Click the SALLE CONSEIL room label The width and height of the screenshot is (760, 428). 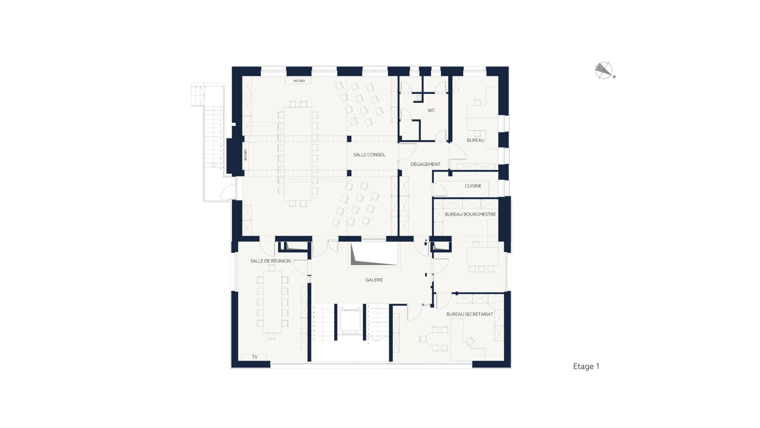369,155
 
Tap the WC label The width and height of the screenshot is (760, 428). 431,110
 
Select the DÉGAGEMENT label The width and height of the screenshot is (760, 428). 426,164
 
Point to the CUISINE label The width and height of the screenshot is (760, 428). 473,185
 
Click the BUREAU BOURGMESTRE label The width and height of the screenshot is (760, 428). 470,214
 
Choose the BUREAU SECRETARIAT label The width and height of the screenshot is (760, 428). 470,314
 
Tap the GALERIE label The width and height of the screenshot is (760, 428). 374,280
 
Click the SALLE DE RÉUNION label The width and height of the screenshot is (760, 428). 270,261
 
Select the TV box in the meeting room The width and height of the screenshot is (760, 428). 254,357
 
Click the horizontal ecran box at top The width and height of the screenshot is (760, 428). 299,81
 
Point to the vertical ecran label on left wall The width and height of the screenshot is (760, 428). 245,155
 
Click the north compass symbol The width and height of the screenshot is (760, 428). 604,71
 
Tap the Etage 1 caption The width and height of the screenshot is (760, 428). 586,366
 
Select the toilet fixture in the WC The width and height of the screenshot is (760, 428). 419,96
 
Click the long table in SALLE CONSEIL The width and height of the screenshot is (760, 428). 298,154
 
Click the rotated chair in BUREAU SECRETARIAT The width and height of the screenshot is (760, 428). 470,341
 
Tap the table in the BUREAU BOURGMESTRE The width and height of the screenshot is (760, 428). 483,256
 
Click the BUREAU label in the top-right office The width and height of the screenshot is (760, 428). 475,140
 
